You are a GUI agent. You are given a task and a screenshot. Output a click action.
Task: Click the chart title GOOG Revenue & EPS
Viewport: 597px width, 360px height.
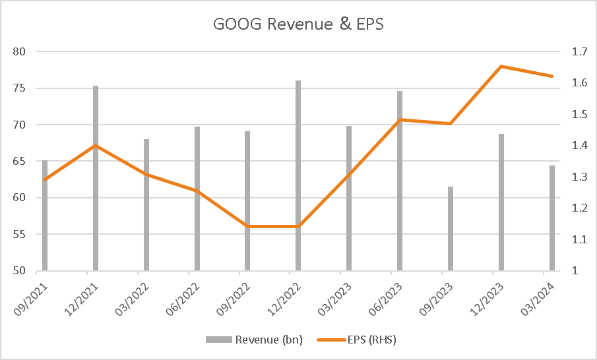pyautogui.click(x=298, y=24)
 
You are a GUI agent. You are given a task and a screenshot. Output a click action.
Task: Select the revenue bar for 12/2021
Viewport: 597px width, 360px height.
pyautogui.click(x=96, y=178)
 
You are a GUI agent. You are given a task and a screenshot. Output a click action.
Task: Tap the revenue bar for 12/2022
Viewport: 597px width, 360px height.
pyautogui.click(x=298, y=175)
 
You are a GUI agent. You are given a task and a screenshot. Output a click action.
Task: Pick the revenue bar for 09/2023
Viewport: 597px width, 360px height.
pyautogui.click(x=451, y=228)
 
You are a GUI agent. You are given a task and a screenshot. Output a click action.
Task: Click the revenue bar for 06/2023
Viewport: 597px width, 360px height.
pyautogui.click(x=400, y=181)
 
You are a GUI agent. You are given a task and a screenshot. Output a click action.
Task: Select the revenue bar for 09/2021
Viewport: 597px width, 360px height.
pyautogui.click(x=45, y=215)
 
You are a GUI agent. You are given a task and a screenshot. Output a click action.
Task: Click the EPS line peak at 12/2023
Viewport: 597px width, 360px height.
pyautogui.click(x=501, y=66)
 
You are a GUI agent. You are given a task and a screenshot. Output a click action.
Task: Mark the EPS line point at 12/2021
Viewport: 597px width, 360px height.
pyautogui.click(x=96, y=146)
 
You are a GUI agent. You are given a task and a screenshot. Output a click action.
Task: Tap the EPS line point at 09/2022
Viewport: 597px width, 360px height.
pyautogui.click(x=247, y=226)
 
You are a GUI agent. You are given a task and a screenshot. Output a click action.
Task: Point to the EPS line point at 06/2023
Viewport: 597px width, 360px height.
pyautogui.click(x=400, y=119)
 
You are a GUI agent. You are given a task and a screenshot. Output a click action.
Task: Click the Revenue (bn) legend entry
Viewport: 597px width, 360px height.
pyautogui.click(x=254, y=340)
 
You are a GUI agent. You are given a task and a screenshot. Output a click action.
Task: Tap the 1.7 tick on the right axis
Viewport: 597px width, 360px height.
pyautogui.click(x=573, y=51)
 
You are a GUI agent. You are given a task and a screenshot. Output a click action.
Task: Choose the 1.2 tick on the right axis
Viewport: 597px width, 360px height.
pyautogui.click(x=573, y=208)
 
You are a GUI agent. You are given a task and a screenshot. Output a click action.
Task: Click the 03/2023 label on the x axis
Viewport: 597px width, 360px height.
pyautogui.click(x=332, y=295)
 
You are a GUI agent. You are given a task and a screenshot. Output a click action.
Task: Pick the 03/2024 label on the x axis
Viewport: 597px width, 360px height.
pyautogui.click(x=535, y=295)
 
